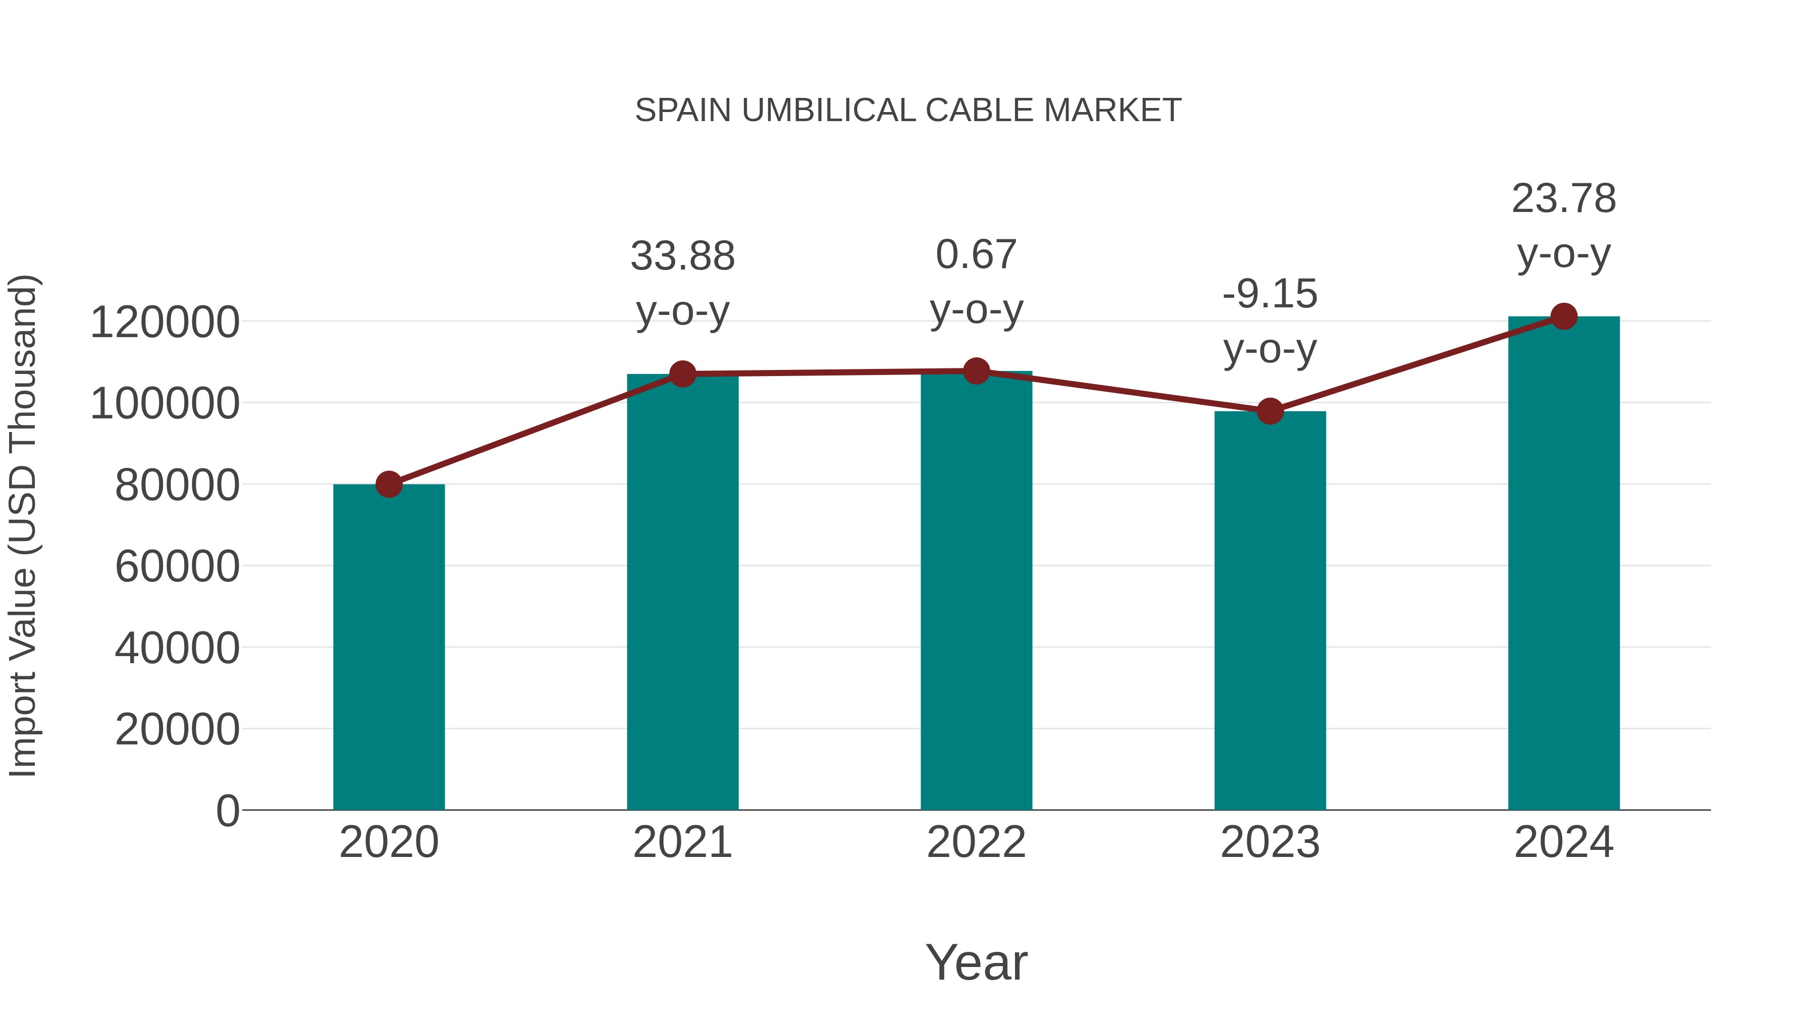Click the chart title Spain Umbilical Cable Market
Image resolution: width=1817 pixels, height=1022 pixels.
(x=908, y=111)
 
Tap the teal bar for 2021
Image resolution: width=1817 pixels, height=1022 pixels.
(x=682, y=593)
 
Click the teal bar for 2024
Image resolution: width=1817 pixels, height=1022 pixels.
(x=1564, y=564)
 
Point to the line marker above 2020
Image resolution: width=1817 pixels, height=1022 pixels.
(x=389, y=485)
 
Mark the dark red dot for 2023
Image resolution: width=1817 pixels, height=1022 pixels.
(x=1270, y=411)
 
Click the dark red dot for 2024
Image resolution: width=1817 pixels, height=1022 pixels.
(x=1564, y=316)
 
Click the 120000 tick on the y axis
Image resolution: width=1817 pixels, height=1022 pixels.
(x=165, y=323)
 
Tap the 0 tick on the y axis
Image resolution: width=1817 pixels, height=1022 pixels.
(x=227, y=811)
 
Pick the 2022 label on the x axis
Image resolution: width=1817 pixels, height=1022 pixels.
(x=976, y=842)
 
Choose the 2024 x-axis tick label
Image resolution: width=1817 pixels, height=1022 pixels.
(x=1564, y=842)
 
